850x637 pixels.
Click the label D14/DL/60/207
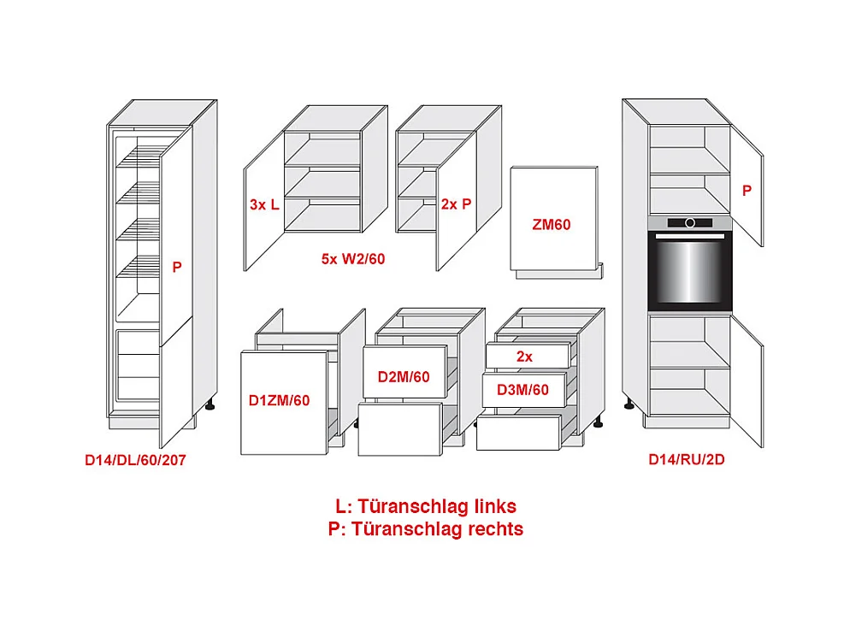click(135, 460)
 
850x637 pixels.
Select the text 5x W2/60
click(353, 258)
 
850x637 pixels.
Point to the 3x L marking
click(264, 204)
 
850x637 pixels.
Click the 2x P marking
click(456, 204)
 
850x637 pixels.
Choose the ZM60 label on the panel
click(551, 225)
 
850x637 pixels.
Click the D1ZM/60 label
click(279, 399)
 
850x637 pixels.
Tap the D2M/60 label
click(404, 375)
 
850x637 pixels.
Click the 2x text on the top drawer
click(524, 356)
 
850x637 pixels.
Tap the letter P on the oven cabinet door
click(747, 191)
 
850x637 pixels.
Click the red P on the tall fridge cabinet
click(177, 267)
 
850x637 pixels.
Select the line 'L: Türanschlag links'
click(425, 506)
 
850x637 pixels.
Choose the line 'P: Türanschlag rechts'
click(425, 528)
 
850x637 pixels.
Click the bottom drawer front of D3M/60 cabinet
click(517, 433)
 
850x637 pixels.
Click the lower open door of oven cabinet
click(746, 389)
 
